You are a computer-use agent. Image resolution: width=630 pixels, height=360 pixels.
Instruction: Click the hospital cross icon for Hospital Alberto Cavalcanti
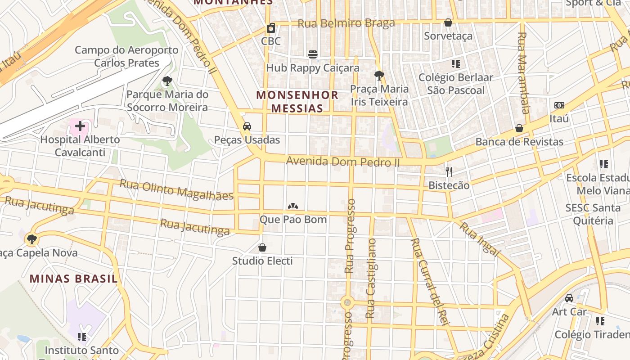80,126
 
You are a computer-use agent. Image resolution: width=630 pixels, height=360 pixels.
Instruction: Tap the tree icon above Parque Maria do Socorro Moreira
167,81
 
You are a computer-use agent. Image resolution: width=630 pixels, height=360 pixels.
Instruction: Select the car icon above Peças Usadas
247,126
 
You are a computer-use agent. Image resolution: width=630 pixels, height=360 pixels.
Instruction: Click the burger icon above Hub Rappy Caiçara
313,54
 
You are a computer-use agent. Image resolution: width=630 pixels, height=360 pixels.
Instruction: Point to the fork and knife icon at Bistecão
449,171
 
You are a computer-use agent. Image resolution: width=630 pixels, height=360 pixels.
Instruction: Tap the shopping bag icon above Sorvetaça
448,22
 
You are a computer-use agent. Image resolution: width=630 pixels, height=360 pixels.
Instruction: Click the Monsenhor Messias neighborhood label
297,102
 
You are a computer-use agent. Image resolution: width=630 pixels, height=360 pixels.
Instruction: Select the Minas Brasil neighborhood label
74,279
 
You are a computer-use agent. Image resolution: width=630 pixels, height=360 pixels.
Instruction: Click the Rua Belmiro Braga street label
346,23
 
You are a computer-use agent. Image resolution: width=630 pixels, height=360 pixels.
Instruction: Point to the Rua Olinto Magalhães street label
176,189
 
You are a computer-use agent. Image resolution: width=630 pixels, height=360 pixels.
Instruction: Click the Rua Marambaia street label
523,72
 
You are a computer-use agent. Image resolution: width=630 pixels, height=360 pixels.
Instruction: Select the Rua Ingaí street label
479,239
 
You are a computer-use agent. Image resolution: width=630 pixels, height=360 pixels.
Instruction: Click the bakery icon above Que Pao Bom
293,206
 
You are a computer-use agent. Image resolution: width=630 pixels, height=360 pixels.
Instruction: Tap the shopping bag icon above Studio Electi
262,247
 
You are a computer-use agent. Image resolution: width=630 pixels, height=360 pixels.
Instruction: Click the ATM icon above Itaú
559,105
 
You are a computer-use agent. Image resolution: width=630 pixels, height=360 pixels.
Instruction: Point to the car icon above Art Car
569,298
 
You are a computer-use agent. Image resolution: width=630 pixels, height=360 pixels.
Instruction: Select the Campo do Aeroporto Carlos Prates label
126,56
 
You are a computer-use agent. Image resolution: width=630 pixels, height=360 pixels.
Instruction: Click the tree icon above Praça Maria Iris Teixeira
379,75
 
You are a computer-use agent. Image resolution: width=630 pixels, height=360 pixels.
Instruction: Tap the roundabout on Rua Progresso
346,302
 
